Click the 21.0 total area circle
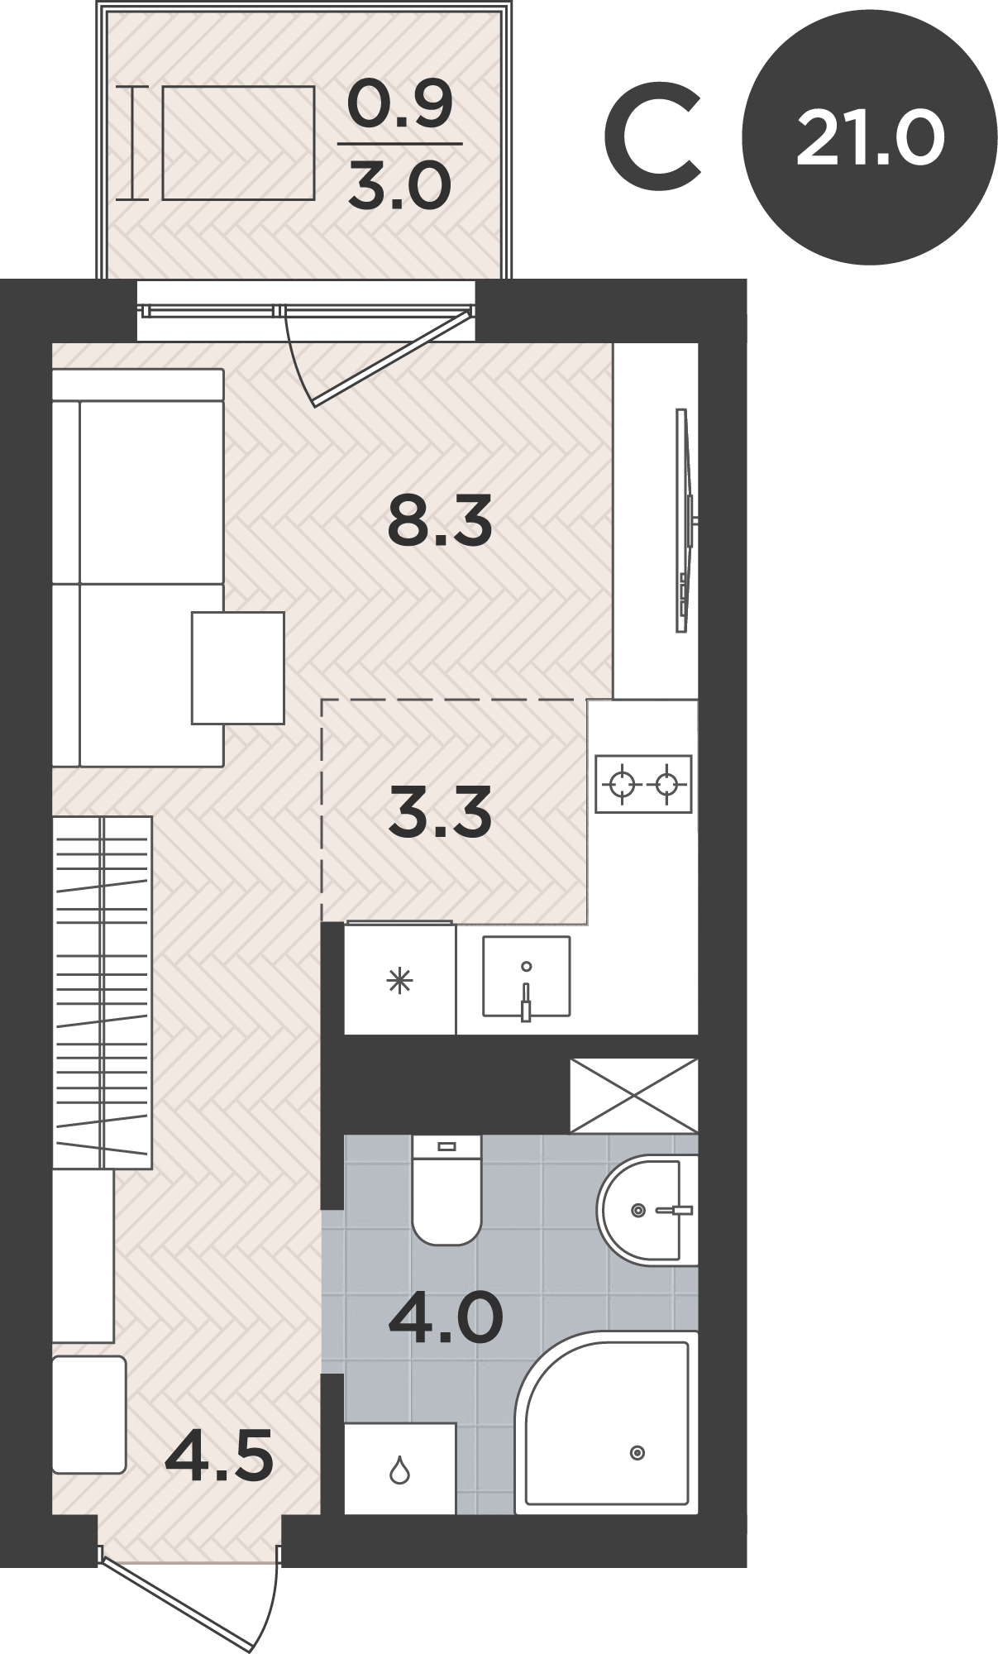pos(869,139)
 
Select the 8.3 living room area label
pos(440,519)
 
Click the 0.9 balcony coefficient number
pos(400,106)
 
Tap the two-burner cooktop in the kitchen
pos(643,783)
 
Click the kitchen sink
pos(526,977)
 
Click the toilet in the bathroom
pos(446,1189)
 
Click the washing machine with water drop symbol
pos(400,1469)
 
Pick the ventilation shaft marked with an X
pos(634,1095)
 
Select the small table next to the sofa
pos(238,668)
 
